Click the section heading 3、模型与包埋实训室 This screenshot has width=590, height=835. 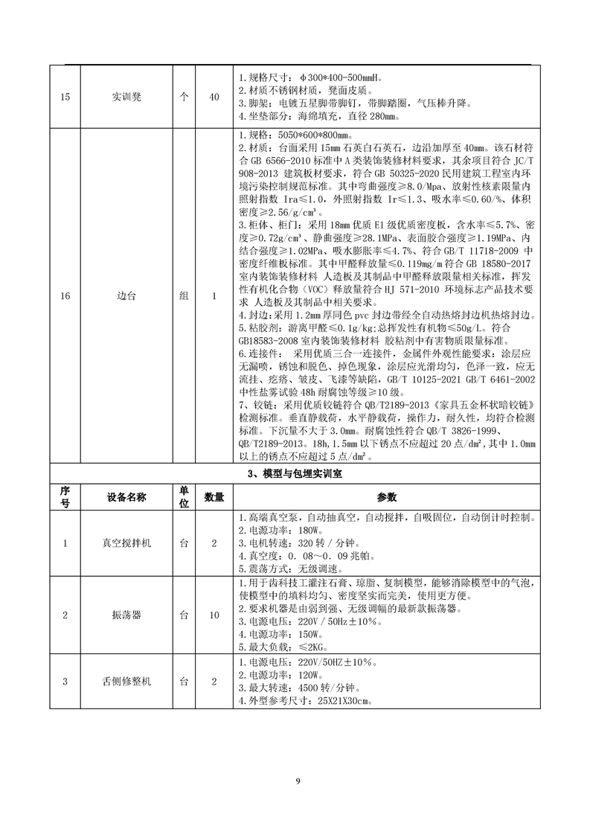click(295, 473)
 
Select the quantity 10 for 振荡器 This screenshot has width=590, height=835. click(214, 615)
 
